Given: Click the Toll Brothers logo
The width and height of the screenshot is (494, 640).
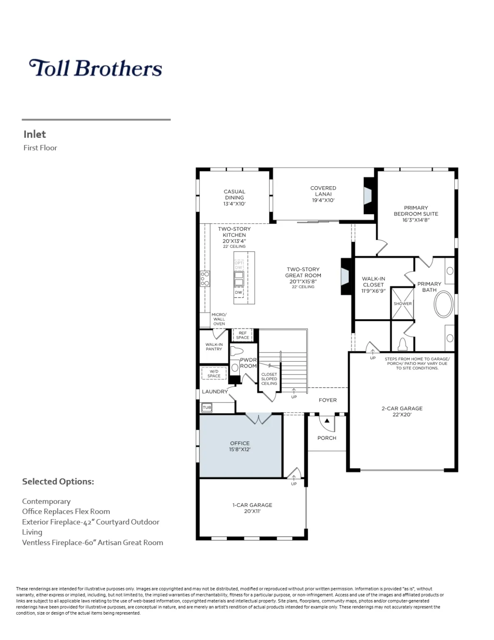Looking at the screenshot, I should pos(95,68).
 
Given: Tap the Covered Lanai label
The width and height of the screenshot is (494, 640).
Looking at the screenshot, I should pos(323,194).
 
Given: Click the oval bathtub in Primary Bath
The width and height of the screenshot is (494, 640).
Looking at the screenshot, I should pos(444,304).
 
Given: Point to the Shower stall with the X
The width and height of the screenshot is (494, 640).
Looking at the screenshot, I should pos(402,303).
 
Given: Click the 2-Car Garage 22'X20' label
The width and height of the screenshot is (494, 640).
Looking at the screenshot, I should pos(402,411).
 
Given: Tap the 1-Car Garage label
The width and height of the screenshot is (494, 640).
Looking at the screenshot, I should pos(252,507).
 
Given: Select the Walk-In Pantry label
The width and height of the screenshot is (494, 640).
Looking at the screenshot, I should pos(214,347).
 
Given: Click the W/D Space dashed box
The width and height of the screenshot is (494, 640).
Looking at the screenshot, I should pos(214,373).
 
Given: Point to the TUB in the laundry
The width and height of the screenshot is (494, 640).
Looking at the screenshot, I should pos(207,407).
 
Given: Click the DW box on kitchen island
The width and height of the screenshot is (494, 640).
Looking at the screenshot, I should pos(238,292).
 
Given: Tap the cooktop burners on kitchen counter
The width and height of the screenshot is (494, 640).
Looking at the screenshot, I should pos(205,278).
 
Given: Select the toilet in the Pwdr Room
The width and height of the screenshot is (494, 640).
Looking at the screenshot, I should pos(236,350).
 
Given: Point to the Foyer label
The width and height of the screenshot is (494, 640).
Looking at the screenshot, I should pos(328,400).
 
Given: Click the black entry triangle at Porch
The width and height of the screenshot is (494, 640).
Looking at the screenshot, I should pos(327,420).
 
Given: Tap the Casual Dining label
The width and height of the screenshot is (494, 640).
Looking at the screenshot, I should pos(234,197).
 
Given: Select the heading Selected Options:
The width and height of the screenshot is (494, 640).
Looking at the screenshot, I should pos(58,481).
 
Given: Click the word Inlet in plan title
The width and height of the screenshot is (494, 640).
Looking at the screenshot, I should pos(35,134).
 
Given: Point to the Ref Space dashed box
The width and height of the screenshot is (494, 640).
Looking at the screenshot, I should pos(243,335).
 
